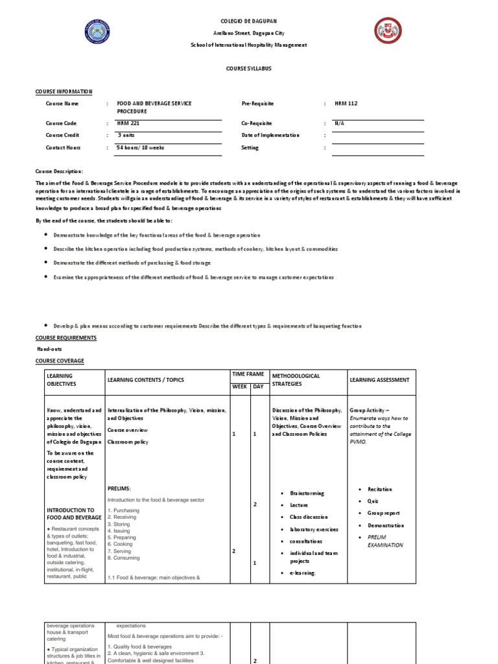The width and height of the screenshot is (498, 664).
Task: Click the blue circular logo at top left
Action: tap(97, 32)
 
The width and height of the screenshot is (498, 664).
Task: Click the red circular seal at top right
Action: tap(388, 30)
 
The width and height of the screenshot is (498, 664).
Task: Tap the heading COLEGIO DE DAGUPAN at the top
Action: tap(248, 21)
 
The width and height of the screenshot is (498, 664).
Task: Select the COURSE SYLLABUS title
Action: tap(248, 69)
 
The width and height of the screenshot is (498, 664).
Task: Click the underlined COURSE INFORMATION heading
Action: tap(64, 92)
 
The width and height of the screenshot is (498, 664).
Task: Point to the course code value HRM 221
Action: tap(128, 123)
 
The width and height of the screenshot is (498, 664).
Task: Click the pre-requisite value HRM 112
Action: tap(346, 104)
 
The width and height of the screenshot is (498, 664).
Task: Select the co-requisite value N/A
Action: tap(339, 123)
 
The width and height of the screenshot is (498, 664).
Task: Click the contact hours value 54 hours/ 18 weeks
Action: tap(140, 147)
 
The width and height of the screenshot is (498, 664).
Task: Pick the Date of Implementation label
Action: tap(270, 135)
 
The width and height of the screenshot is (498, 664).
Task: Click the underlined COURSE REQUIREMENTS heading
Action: tap(65, 338)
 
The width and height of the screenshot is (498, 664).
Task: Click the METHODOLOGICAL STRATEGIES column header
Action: tap(296, 379)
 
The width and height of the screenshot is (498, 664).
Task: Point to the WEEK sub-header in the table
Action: tap(239, 387)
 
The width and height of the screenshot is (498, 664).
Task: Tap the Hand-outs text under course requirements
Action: tap(49, 349)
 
